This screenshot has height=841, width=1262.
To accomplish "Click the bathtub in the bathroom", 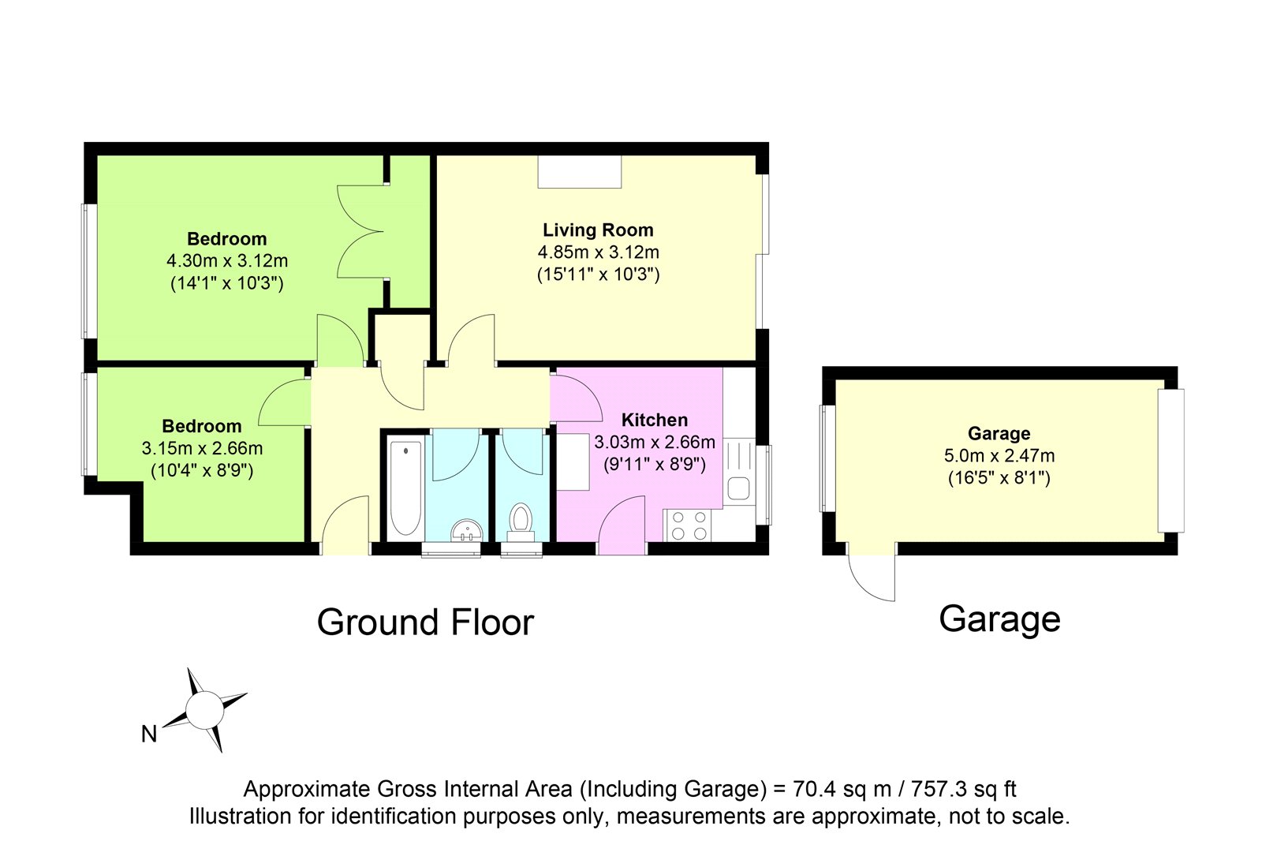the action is (405, 488).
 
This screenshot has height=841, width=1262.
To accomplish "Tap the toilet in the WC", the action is (521, 522).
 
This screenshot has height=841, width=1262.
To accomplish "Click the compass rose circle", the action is (204, 710).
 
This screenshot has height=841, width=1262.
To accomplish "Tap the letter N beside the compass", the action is (149, 734).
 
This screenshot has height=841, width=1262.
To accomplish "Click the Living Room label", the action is (598, 230).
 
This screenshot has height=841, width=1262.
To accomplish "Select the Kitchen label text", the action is (655, 420).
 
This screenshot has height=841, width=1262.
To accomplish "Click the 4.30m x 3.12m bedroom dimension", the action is (227, 261).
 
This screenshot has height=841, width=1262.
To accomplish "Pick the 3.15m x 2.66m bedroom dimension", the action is (202, 448).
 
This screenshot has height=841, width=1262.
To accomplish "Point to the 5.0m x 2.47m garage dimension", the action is (999, 455).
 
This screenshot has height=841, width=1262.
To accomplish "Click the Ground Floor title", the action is (425, 622).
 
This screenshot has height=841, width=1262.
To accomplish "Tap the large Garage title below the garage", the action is (999, 619).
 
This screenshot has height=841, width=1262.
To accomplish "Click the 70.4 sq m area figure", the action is (842, 789).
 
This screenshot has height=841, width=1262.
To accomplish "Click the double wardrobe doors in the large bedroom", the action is (360, 232).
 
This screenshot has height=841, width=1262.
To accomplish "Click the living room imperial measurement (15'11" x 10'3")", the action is (598, 275).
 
